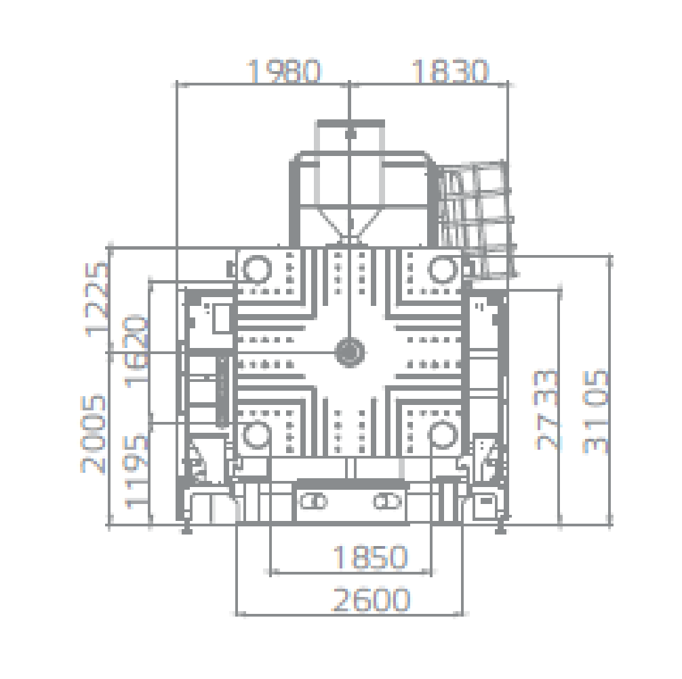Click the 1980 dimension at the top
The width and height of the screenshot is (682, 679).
coord(283,71)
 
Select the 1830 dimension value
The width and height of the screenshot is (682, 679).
coord(450,71)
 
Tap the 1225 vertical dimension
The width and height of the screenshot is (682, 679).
coord(96,299)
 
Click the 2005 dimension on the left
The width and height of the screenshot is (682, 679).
coord(93,433)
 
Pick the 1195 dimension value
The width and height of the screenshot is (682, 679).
coord(136,471)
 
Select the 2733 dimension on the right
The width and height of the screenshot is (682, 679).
coord(546,410)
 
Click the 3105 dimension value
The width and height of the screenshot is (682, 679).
coord(595,411)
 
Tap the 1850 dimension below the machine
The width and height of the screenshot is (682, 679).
coord(370,557)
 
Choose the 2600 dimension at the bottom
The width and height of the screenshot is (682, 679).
coord(371,600)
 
